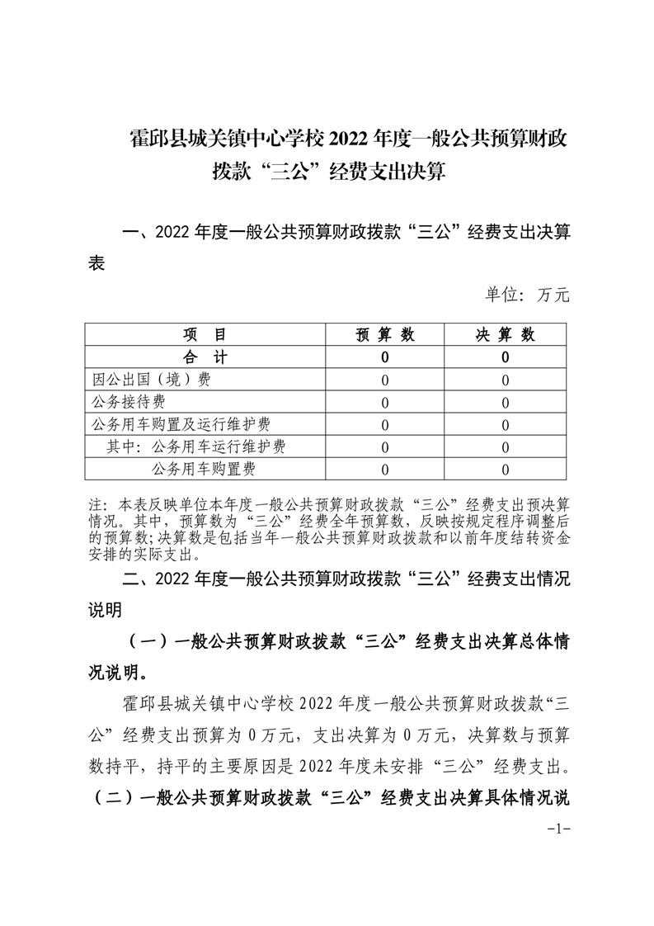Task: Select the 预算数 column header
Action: click(385, 334)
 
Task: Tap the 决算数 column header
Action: click(505, 334)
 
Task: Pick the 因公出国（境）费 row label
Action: click(140, 380)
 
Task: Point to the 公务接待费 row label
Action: click(128, 402)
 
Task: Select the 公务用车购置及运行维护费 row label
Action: click(181, 424)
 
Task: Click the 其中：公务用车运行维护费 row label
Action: click(196, 446)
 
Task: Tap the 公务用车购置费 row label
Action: click(203, 469)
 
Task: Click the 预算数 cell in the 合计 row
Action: click(385, 357)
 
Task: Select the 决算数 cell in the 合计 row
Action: click(505, 357)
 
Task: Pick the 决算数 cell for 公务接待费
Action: click(505, 402)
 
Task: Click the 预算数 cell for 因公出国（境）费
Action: click(385, 380)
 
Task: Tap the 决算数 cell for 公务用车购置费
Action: click(505, 469)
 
